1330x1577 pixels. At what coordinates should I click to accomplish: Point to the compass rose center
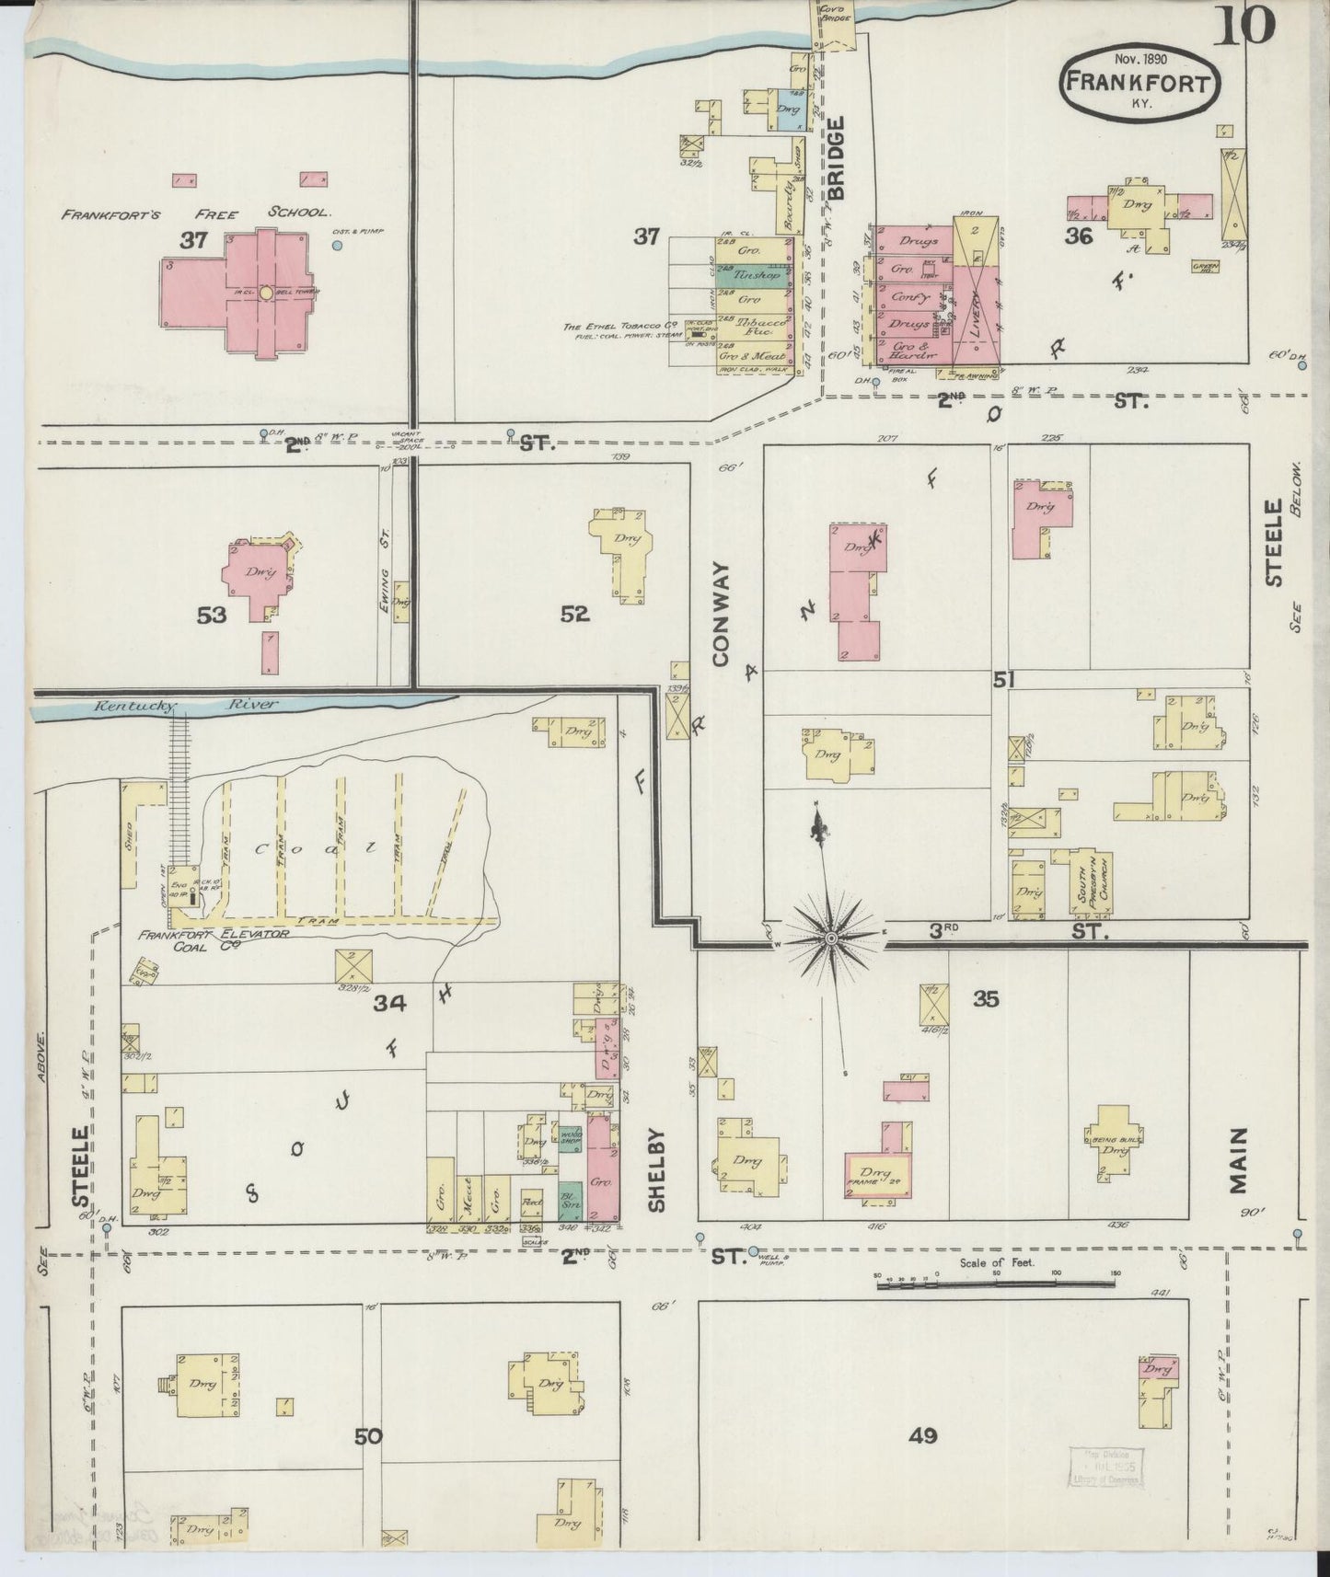point(831,938)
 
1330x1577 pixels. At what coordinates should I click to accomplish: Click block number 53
point(212,615)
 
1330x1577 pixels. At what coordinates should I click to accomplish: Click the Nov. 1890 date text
point(1140,58)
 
